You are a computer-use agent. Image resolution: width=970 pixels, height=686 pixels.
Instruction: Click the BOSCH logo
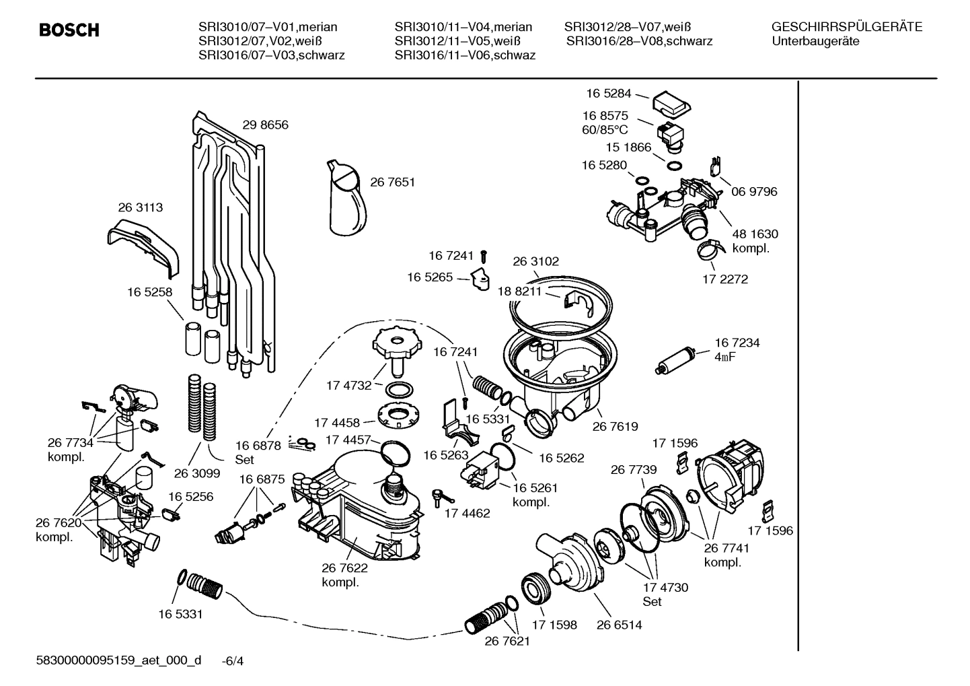click(x=69, y=30)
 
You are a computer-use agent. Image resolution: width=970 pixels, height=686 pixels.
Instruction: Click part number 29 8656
click(x=265, y=125)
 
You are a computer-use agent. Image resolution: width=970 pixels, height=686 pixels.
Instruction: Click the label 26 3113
click(x=140, y=208)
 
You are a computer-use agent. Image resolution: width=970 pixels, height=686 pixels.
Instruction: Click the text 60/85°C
click(x=605, y=129)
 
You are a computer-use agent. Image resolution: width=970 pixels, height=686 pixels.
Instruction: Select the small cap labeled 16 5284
click(x=670, y=103)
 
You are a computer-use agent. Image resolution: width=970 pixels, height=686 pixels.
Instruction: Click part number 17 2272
click(x=724, y=279)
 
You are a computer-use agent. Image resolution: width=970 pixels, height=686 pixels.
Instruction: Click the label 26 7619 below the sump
click(x=615, y=426)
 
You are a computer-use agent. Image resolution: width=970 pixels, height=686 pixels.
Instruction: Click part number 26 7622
click(x=344, y=568)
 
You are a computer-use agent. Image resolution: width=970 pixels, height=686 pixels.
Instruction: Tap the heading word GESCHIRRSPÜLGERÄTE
click(x=846, y=27)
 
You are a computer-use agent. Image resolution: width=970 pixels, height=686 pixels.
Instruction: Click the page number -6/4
click(x=232, y=661)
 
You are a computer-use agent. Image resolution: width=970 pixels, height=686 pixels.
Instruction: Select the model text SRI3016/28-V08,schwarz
click(x=639, y=41)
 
